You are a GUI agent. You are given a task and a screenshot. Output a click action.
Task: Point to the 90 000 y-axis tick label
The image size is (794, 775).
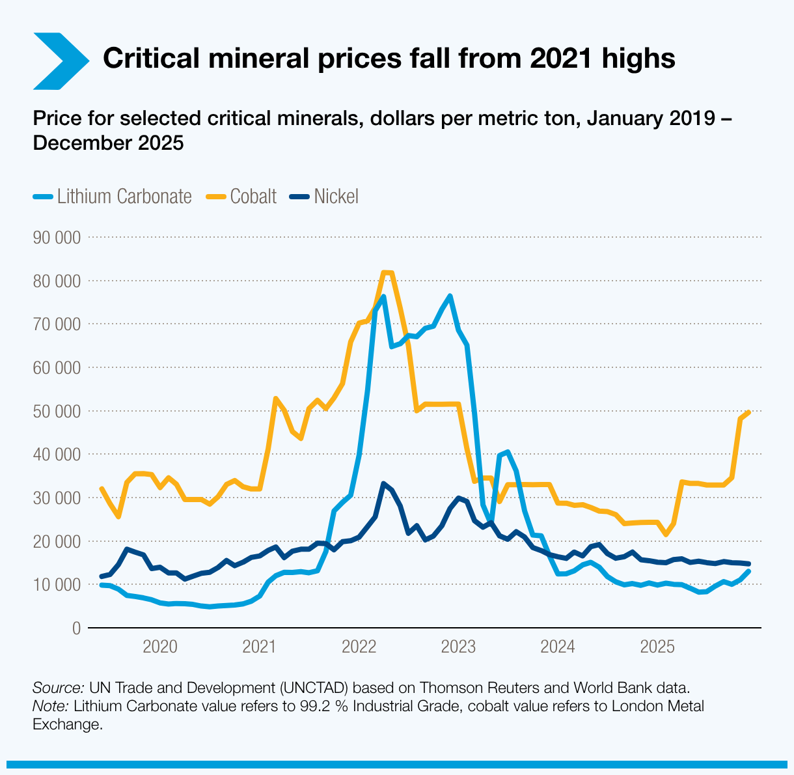[x=56, y=238]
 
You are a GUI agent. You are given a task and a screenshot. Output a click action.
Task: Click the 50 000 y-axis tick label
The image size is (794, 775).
[x=56, y=411]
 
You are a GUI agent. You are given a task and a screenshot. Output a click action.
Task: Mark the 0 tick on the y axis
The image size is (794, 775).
[x=75, y=628]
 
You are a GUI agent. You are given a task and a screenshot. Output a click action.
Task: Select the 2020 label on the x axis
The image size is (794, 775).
[x=159, y=647]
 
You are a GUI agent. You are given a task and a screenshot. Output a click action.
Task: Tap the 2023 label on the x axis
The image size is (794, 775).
[x=458, y=647]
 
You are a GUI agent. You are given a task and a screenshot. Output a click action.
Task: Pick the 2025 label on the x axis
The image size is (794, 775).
[x=657, y=647]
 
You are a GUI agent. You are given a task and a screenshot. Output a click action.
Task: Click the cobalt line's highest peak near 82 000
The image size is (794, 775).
[x=387, y=272]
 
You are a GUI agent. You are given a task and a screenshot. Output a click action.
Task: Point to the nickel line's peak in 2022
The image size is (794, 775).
[x=383, y=484]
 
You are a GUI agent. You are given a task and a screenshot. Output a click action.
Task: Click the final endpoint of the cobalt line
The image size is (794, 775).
[x=749, y=412]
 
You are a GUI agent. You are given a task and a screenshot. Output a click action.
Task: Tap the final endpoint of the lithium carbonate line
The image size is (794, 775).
[x=749, y=571]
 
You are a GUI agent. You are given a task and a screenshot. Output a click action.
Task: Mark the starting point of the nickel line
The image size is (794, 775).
[x=101, y=576]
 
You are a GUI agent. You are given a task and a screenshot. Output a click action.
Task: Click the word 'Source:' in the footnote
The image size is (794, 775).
[x=58, y=688]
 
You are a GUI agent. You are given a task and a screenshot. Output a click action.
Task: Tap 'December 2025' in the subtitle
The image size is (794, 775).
[x=108, y=143]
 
